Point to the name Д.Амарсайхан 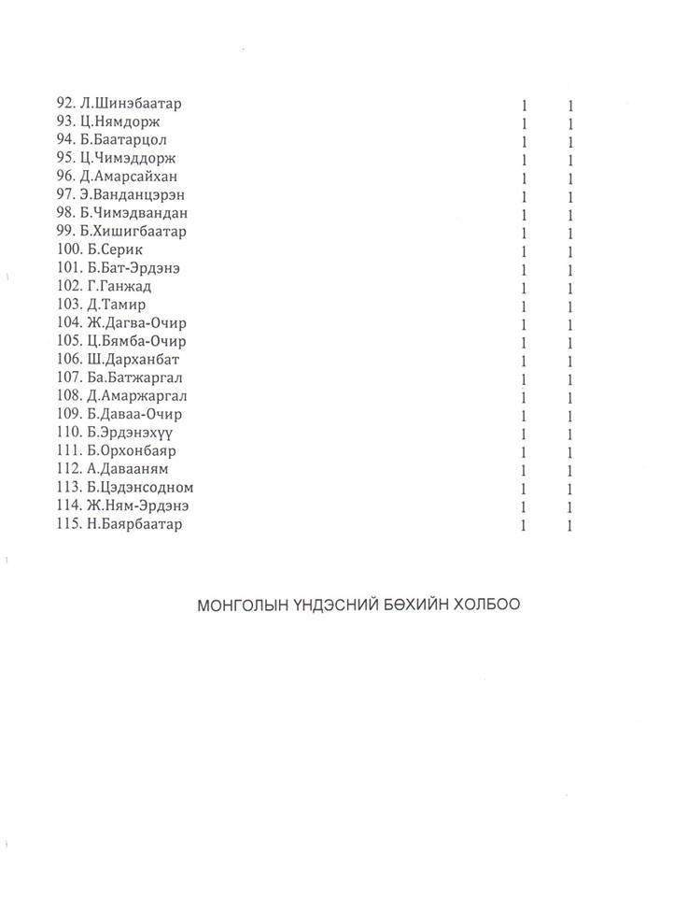click(x=129, y=177)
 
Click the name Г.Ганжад click(x=119, y=286)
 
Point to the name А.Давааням click(x=128, y=469)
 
